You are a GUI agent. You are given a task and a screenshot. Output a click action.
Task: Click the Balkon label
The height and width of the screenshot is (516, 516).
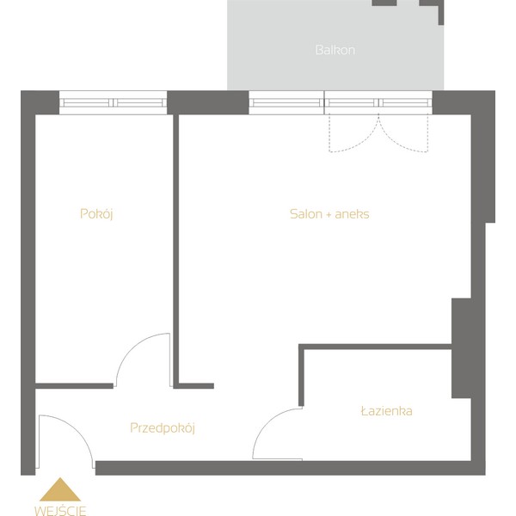(x=335, y=50)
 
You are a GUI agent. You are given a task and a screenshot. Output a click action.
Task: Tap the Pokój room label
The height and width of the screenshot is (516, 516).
(x=96, y=214)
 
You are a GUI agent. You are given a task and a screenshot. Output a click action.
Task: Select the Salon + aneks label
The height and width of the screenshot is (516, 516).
(x=329, y=214)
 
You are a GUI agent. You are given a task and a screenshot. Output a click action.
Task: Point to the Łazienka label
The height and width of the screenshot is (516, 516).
(x=387, y=411)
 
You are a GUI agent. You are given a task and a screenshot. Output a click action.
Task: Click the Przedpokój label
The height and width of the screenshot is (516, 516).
(x=163, y=428)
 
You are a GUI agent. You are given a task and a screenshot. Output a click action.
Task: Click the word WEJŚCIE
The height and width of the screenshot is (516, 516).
(x=60, y=511)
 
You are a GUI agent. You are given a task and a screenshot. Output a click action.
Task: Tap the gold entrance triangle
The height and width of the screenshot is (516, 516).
(x=60, y=489)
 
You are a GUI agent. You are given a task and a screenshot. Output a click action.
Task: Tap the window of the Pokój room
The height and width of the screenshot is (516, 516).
(x=113, y=102)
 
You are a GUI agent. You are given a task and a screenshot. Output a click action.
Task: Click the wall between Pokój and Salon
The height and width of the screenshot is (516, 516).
(x=175, y=250)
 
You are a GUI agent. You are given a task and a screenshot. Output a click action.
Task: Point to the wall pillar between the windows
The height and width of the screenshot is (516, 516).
(x=207, y=102)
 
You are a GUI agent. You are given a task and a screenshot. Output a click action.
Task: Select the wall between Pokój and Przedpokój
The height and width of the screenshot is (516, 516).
(x=74, y=385)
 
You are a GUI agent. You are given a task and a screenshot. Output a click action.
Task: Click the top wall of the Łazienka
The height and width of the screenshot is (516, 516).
(x=375, y=347)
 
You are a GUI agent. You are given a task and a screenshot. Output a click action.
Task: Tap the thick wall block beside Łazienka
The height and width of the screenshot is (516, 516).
(x=461, y=348)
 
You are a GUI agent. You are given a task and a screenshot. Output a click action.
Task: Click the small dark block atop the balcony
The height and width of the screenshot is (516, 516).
(x=384, y=3)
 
